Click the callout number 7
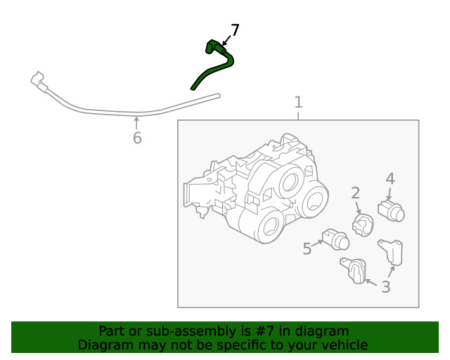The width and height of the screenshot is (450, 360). point(235,30)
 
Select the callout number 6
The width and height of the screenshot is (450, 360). point(137,138)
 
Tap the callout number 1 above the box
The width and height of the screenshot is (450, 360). point(298,102)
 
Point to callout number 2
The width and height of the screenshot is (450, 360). point(355,193)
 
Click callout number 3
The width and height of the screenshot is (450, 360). point(386,286)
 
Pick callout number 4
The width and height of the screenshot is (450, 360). point(390,179)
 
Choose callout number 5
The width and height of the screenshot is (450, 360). point(307,249)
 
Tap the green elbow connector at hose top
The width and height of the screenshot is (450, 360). point(213,46)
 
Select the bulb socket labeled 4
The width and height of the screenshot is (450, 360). point(391,212)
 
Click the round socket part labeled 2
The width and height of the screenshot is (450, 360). point(363,225)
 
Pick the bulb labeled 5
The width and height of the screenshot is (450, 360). point(335,240)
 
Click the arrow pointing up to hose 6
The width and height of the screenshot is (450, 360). point(136,123)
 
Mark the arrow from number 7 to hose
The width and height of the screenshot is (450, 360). point(226,41)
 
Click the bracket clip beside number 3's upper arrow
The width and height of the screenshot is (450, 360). point(391,252)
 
